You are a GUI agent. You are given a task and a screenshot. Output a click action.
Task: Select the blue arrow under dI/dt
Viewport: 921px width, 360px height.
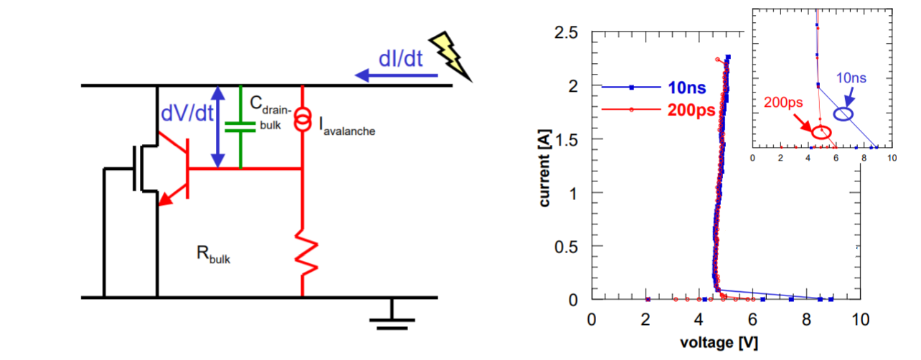[x=388, y=74]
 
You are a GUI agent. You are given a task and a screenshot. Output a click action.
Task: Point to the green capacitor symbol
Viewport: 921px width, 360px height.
[x=240, y=127]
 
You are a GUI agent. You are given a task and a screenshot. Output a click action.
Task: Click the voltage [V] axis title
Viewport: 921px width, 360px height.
[x=724, y=342]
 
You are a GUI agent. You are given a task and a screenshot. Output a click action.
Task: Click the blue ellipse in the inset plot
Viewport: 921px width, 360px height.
[x=844, y=113]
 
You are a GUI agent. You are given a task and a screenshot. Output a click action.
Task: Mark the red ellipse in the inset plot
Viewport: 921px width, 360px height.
[x=821, y=132]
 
